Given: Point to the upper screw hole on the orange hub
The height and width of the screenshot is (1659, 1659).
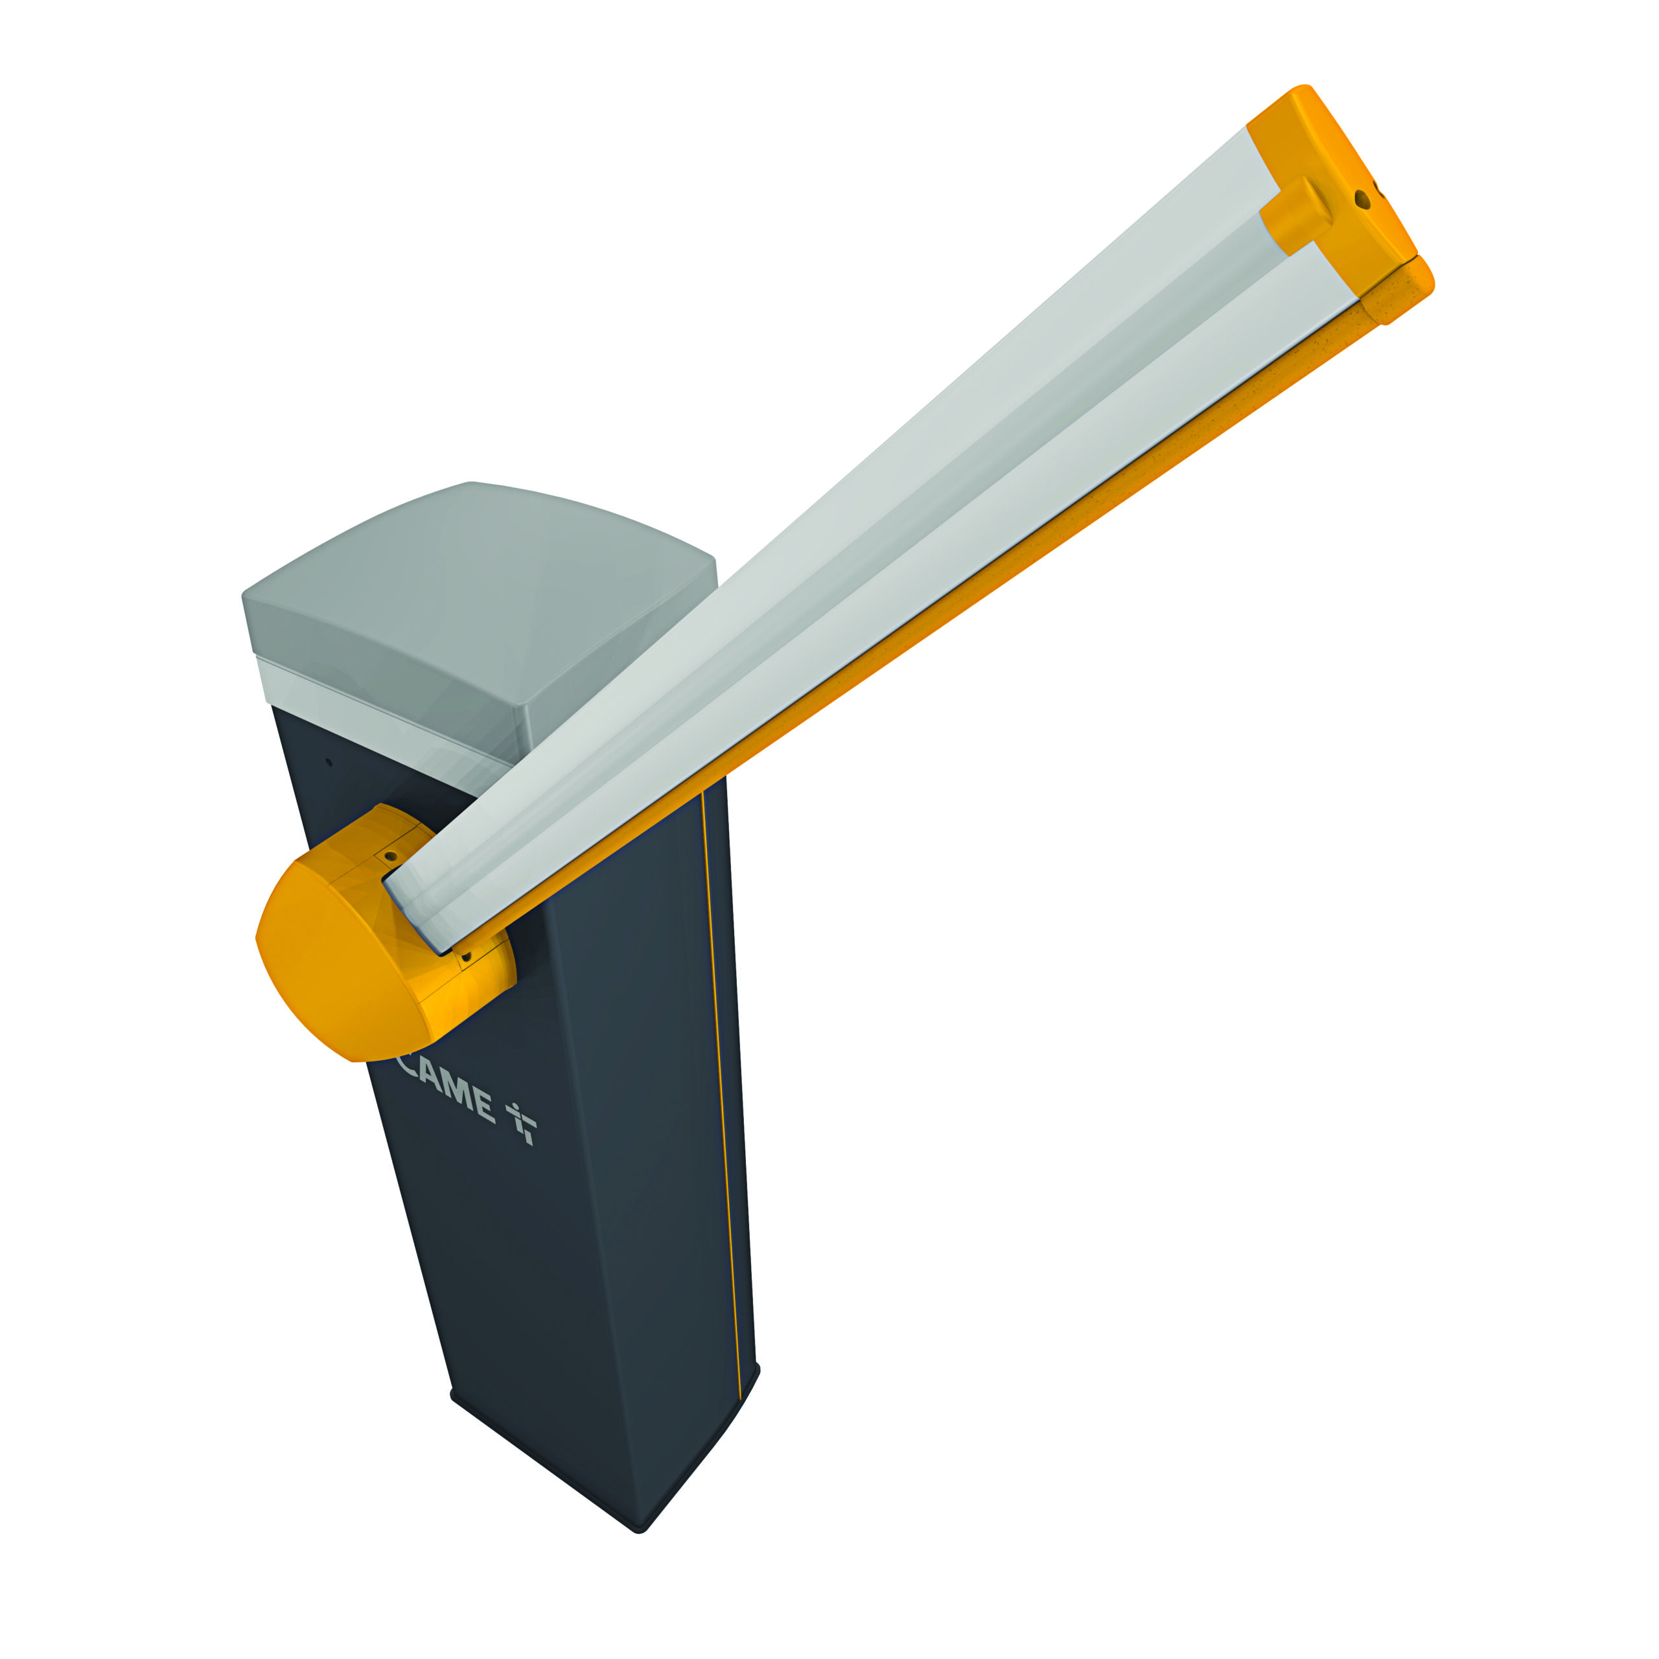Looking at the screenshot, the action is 391,856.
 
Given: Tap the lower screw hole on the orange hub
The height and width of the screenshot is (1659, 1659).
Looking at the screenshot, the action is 467,956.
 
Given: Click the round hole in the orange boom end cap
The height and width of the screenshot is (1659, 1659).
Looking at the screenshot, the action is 1362,199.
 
